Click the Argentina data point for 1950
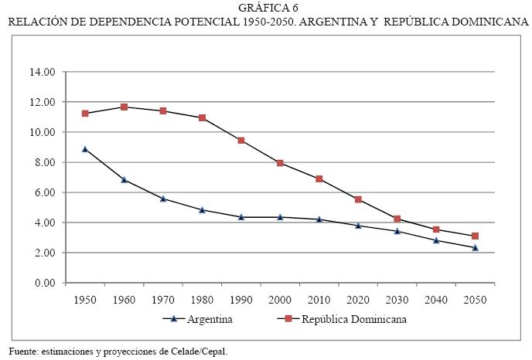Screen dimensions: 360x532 85,148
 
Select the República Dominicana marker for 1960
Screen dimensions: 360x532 124,107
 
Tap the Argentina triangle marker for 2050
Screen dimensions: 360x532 475,247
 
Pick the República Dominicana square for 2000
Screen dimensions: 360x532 280,163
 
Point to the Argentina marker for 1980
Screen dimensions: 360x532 202,209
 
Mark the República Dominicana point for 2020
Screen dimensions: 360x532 358,199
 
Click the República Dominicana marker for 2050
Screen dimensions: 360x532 475,236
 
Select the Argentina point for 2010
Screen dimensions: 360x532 319,219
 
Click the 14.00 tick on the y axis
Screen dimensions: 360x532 41,72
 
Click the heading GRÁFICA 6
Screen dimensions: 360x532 268,8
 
